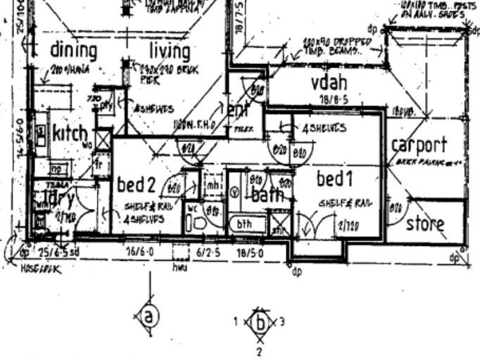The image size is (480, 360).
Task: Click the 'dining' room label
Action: point(73,51)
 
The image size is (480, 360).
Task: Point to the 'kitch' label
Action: point(70,134)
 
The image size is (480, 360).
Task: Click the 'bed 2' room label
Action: point(135,185)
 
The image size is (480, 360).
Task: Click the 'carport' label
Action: point(419,146)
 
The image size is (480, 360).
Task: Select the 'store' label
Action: point(425,224)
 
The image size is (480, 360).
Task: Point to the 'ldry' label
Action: point(54,198)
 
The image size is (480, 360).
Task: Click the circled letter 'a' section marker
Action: point(148,316)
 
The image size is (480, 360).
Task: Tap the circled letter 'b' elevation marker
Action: point(260,324)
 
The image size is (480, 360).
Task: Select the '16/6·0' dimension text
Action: point(139,250)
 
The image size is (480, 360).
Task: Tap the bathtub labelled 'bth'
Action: point(247,225)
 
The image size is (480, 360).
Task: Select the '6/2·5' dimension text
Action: point(208,250)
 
